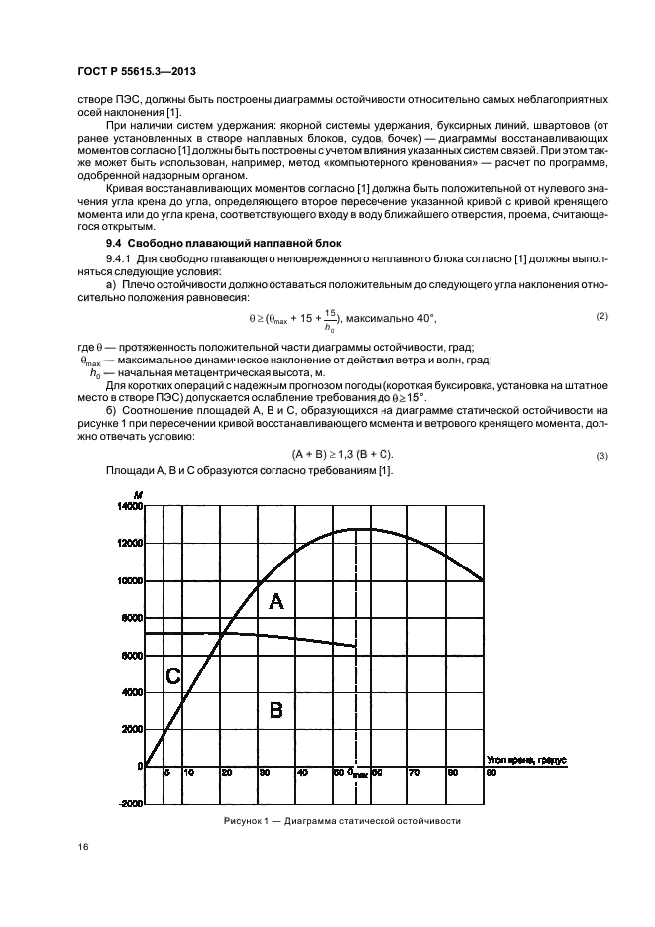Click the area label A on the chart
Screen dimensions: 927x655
(276, 601)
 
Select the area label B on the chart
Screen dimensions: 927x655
(276, 709)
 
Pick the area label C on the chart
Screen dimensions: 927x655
(172, 676)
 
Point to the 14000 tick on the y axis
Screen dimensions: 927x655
(130, 506)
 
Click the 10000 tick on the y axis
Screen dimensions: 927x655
(130, 580)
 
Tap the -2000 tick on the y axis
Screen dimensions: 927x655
(130, 804)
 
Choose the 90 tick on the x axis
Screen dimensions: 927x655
(490, 772)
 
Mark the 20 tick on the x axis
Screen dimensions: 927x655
(226, 772)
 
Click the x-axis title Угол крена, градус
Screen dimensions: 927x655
(525, 759)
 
